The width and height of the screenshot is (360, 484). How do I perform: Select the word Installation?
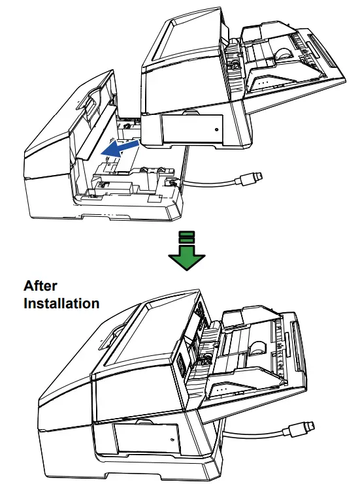pyautogui.click(x=61, y=303)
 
